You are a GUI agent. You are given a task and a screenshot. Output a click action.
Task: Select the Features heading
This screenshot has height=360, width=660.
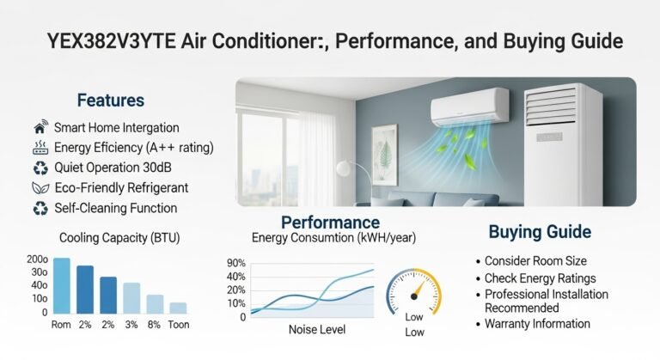(110, 101)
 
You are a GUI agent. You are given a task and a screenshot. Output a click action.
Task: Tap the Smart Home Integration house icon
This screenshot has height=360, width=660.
(40, 127)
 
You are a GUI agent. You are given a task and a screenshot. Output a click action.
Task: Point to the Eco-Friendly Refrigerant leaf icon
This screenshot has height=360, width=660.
(40, 186)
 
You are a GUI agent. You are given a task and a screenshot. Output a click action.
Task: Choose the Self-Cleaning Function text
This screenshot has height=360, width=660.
(115, 207)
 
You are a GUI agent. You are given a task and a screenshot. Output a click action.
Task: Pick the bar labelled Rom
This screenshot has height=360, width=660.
(61, 285)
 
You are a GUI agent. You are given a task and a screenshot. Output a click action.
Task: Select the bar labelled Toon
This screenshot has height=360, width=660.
(178, 308)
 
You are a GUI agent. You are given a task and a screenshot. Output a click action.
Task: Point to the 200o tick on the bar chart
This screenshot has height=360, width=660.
(37, 259)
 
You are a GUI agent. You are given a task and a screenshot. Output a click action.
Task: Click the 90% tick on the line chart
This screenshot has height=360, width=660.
(236, 264)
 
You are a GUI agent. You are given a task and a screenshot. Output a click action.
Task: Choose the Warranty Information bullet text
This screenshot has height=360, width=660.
(537, 324)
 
